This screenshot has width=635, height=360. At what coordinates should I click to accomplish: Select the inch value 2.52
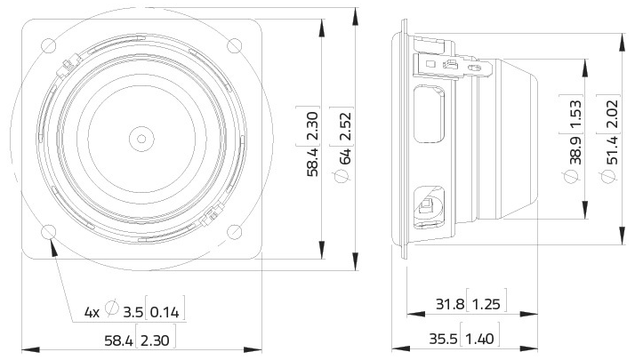pyautogui.click(x=346, y=127)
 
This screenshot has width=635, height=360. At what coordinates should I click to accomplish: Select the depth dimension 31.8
pyautogui.click(x=450, y=306)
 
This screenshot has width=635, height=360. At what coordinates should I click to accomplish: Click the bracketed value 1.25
pyautogui.click(x=486, y=306)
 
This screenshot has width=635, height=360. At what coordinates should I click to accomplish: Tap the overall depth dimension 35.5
pyautogui.click(x=450, y=339)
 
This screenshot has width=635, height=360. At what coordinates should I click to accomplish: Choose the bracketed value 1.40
pyautogui.click(x=486, y=339)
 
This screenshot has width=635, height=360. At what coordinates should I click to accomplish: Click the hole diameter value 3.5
pyautogui.click(x=133, y=312)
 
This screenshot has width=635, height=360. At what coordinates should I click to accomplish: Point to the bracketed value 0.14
pyautogui.click(x=166, y=312)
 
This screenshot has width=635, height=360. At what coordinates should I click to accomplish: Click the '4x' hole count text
pyautogui.click(x=92, y=312)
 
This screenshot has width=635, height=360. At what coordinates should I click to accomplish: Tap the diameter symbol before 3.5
pyautogui.click(x=112, y=311)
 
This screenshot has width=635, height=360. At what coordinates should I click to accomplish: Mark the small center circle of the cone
pyautogui.click(x=141, y=138)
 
